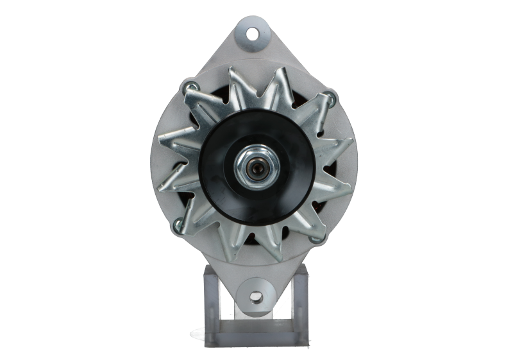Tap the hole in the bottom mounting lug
pyautogui.click(x=256, y=296)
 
